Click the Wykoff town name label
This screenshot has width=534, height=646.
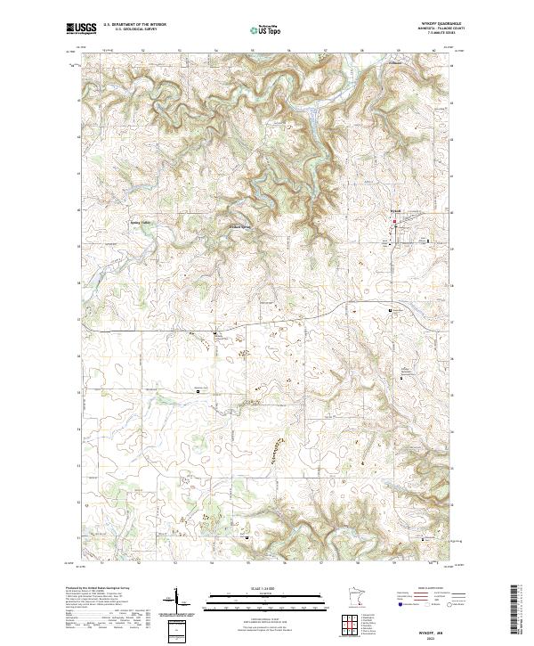pos(397,211)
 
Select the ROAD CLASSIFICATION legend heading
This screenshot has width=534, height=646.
pos(431,589)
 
